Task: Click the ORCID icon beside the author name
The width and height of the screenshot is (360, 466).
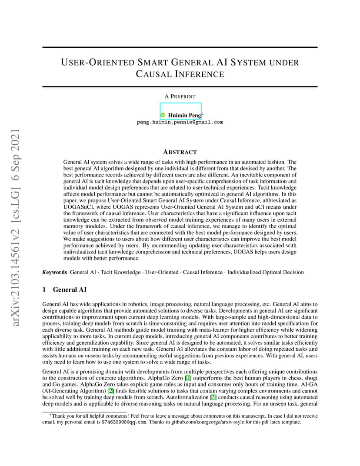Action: [163, 115]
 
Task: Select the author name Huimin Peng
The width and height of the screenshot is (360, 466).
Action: [184, 115]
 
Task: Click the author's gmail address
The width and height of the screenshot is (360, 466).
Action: [180, 122]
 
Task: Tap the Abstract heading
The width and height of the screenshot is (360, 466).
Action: [180, 152]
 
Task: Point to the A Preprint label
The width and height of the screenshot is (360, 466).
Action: [180, 96]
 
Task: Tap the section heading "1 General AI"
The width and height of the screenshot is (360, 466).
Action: [65, 290]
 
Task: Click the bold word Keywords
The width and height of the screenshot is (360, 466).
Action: [54, 272]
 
